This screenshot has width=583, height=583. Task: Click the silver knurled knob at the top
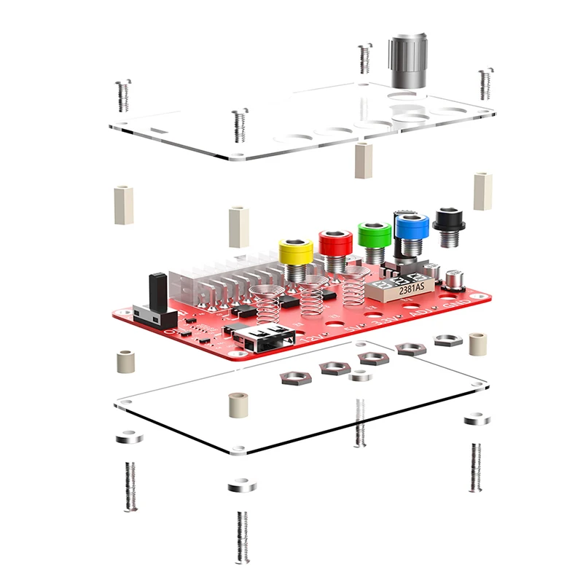tap(407, 60)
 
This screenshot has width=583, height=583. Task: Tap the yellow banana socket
tap(296, 252)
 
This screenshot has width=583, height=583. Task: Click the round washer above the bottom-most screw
tap(242, 485)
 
